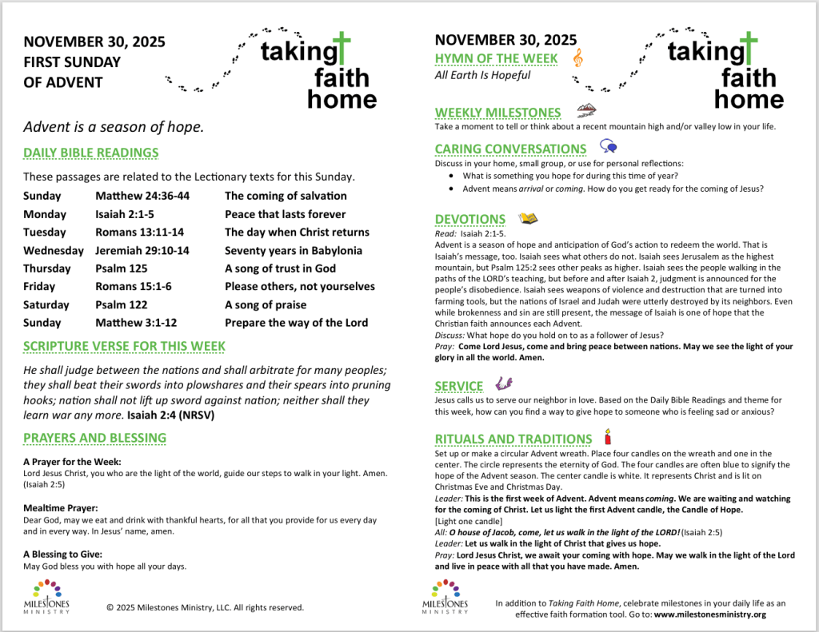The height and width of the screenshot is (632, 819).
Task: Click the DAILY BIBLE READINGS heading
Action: (90, 153)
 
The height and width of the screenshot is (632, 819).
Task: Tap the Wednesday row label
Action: (53, 250)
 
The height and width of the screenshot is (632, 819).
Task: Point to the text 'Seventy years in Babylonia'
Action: (293, 250)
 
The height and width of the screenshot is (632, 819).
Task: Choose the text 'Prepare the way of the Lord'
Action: (296, 323)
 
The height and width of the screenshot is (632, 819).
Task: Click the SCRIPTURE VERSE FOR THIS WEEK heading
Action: (124, 346)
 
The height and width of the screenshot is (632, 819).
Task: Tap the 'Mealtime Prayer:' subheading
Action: (60, 507)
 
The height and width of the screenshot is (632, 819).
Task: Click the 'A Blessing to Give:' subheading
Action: (62, 554)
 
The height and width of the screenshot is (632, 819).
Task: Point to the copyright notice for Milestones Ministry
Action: (205, 607)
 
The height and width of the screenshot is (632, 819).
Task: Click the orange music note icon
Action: (578, 57)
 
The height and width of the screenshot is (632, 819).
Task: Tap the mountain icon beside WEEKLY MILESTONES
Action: (586, 111)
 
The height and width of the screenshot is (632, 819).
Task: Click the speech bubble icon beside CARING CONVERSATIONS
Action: (609, 147)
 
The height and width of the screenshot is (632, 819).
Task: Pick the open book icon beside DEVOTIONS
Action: (528, 217)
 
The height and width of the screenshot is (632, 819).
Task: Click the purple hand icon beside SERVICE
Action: (504, 384)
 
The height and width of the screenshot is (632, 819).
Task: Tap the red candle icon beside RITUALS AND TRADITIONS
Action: (607, 437)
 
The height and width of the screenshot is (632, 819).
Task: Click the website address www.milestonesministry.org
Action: (710, 614)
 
